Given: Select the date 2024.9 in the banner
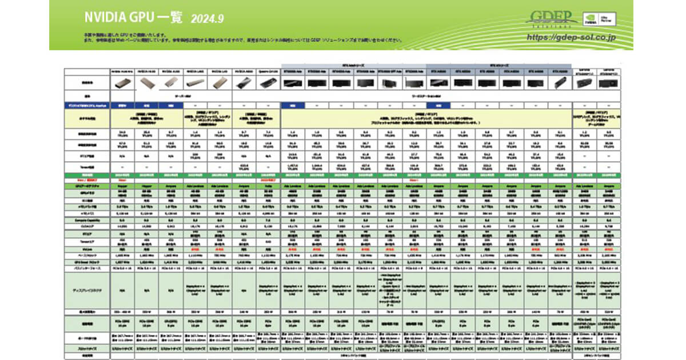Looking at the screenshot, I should (207, 18).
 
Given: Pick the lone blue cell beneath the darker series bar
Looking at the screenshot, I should (438, 105).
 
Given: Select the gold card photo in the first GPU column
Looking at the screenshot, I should (122, 83).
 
